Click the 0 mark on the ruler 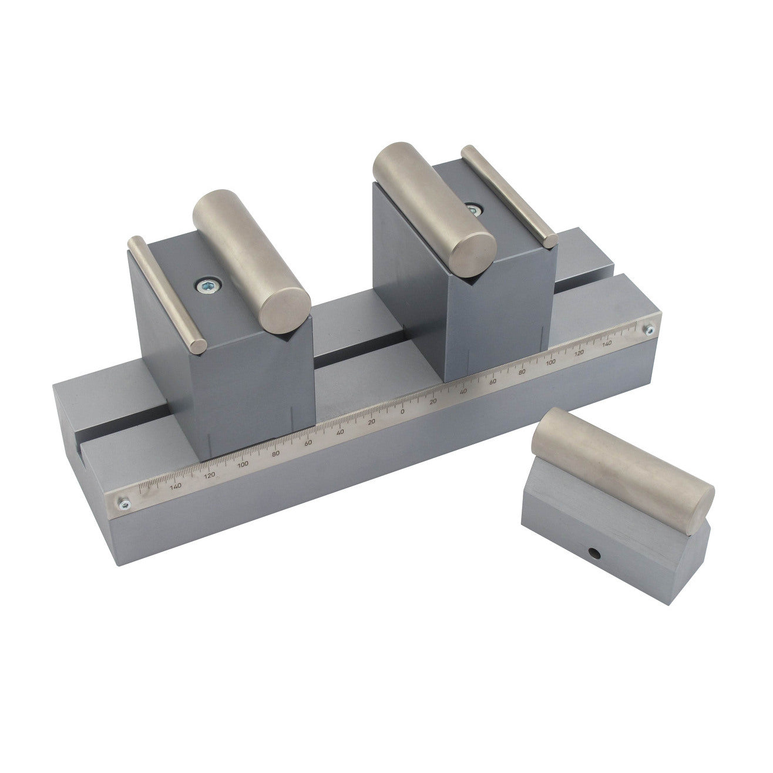click(402, 411)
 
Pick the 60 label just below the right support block click(493, 382)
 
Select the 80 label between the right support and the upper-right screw click(521, 372)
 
